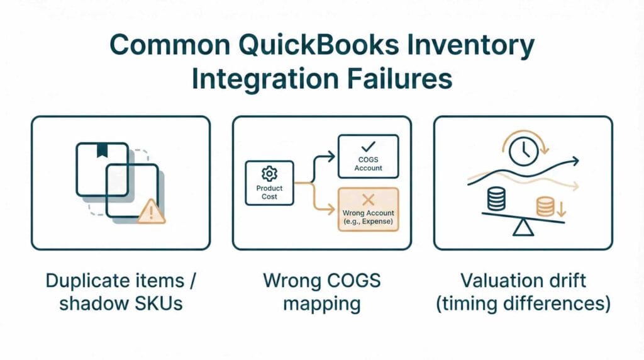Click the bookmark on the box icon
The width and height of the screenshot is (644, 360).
click(102, 151)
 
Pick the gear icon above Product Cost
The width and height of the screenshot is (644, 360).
click(269, 173)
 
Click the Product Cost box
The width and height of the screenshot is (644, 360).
click(269, 183)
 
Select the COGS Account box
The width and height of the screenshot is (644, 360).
click(368, 157)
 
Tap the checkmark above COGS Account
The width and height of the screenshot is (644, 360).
click(368, 147)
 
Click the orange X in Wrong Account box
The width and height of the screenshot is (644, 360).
click(368, 200)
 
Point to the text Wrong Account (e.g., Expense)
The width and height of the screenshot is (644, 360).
click(368, 218)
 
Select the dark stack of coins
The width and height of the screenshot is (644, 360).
click(496, 200)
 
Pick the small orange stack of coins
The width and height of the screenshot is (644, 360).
click(544, 206)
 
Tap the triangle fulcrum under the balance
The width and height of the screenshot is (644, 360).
click(523, 228)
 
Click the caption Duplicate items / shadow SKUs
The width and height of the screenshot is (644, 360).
click(120, 291)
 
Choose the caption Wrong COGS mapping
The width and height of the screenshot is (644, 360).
click(321, 291)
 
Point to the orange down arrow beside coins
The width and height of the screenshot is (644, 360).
click(560, 207)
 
